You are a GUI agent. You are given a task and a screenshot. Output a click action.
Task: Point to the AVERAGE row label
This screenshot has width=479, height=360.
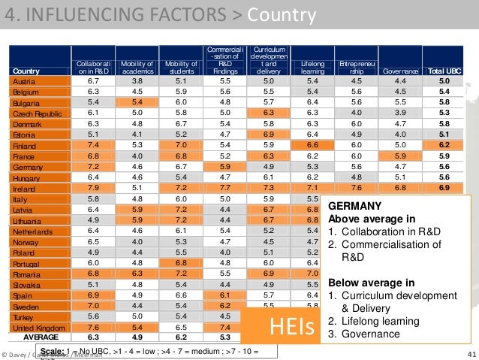pos(41,337)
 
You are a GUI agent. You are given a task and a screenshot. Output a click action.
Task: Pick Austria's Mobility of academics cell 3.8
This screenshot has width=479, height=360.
pos(137,80)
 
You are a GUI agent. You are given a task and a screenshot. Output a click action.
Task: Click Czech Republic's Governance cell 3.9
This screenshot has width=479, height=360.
pos(400,113)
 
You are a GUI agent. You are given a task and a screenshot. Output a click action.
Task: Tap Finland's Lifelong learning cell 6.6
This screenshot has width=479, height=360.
pos(313,144)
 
